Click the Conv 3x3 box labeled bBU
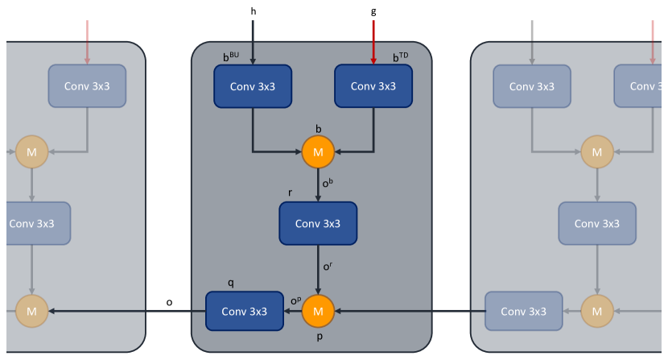[x=253, y=86]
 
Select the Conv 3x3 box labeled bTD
[x=373, y=86]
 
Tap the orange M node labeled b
[x=318, y=152]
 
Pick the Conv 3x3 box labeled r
[x=318, y=224]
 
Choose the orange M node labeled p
[x=318, y=312]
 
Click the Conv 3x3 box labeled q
[x=245, y=312]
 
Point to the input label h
[x=254, y=11]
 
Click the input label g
[x=373, y=11]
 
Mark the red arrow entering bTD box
[x=373, y=42]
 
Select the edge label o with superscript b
[x=328, y=183]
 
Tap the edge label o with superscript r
[x=328, y=266]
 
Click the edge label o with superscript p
[x=295, y=300]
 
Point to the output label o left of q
[x=169, y=303]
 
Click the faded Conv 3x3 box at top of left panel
[x=87, y=86]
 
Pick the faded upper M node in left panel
[x=32, y=152]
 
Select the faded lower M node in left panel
[x=32, y=312]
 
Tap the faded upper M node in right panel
[x=597, y=152]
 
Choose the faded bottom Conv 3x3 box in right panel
[x=524, y=312]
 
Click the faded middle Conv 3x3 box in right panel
[x=597, y=224]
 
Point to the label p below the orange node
[x=320, y=337]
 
